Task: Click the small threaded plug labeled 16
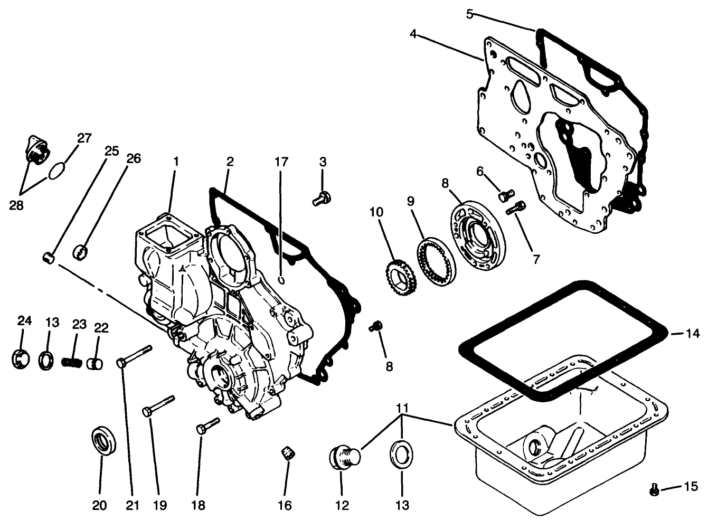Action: click(288, 452)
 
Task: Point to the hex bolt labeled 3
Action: click(321, 199)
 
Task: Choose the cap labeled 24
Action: click(20, 359)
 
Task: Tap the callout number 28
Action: click(16, 205)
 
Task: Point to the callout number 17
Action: click(281, 162)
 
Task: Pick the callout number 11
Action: click(402, 409)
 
